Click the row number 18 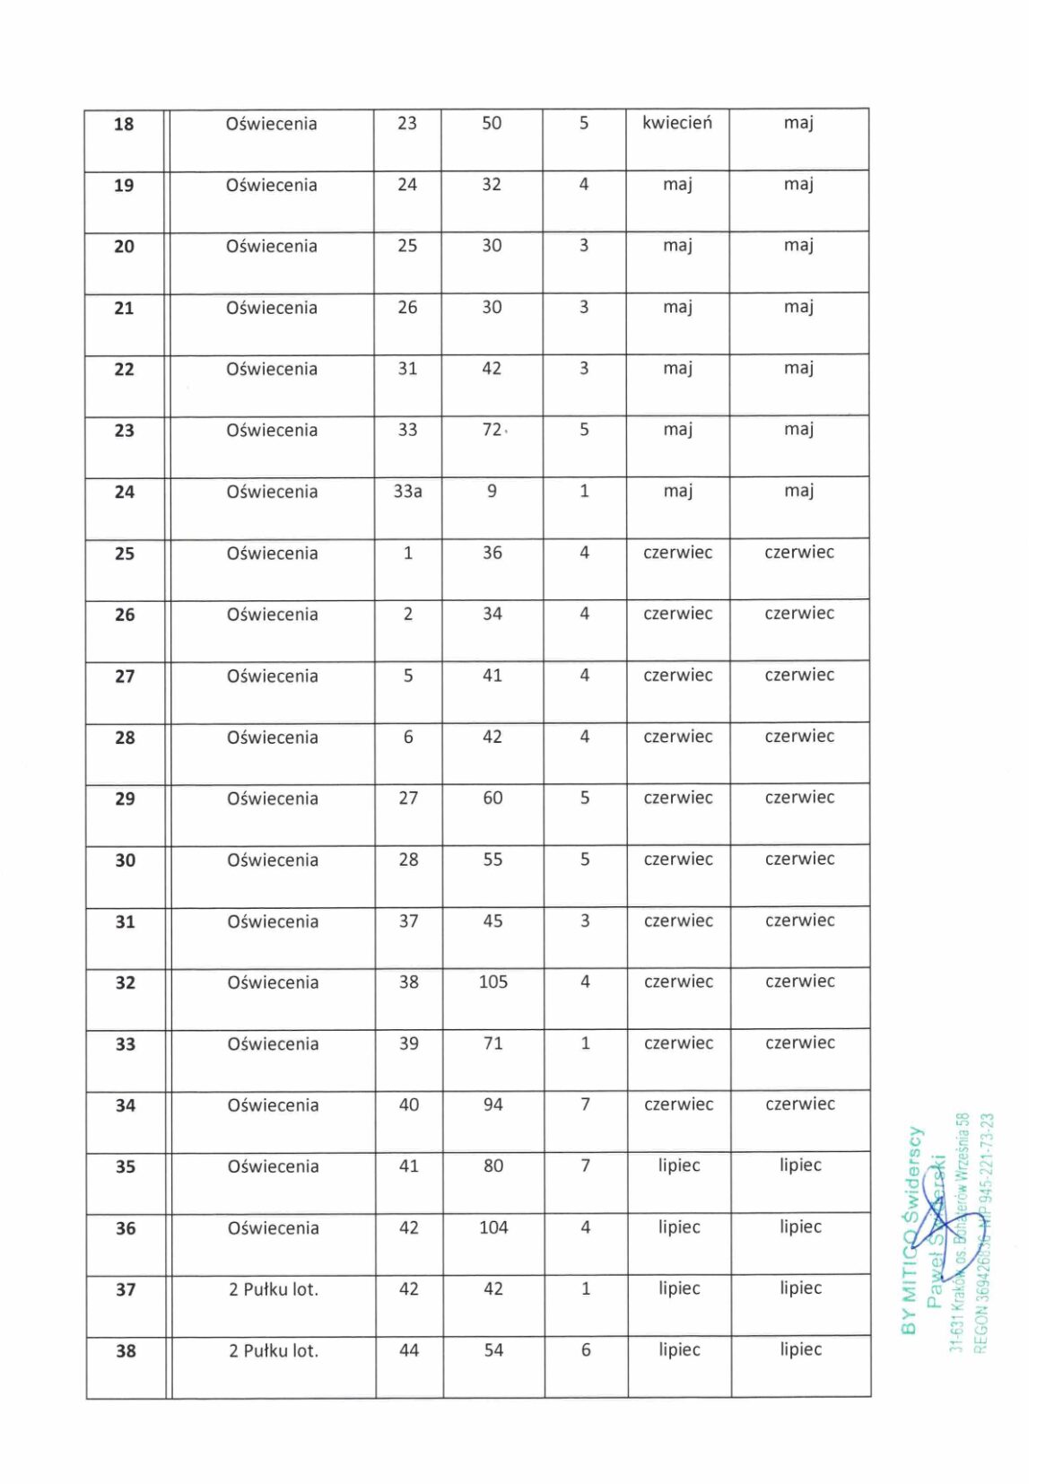124,125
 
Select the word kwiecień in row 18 677,123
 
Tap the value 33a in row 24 407,492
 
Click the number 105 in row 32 493,982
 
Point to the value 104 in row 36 493,1227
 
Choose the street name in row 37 274,1289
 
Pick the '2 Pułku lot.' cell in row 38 274,1351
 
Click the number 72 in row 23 492,430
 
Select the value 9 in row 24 492,492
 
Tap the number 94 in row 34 493,1104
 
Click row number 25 125,554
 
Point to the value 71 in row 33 493,1043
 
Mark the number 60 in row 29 492,799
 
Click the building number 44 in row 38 409,1350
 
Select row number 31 125,921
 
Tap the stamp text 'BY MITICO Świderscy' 911,1230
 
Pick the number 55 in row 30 492,860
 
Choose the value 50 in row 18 492,124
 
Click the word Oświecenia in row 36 273,1228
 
